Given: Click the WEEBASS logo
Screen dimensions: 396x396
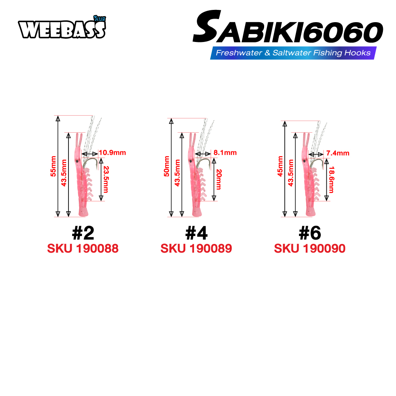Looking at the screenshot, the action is point(62,28).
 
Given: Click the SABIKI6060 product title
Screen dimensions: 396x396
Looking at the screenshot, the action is point(288,27).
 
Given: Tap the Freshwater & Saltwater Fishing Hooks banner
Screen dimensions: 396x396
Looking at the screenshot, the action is point(293,53).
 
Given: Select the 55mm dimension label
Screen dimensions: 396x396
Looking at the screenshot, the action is point(53,166).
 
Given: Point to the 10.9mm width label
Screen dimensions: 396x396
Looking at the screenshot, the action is point(112,152).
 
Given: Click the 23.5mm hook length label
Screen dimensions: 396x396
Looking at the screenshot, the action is point(106,179).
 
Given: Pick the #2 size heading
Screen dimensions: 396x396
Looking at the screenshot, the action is point(83,233).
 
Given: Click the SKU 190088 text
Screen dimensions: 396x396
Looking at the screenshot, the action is point(83,249).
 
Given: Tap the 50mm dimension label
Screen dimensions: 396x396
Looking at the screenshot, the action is point(167,166).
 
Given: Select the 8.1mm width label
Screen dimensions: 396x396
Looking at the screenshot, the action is point(225,152).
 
